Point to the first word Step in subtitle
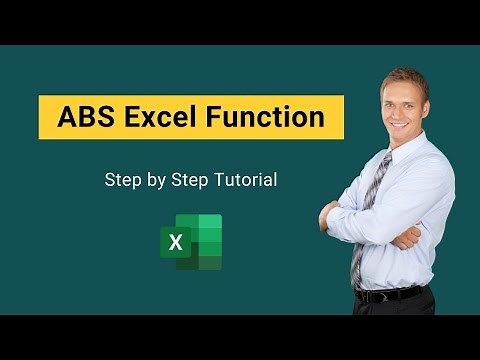pyautogui.click(x=122, y=181)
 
